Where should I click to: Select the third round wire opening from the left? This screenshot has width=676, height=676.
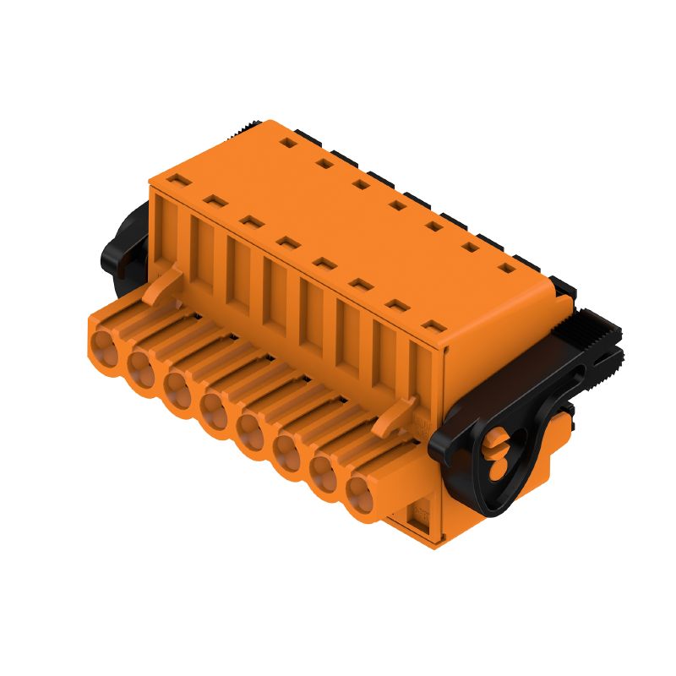point(177,386)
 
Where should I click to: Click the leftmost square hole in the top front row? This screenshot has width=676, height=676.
point(177,180)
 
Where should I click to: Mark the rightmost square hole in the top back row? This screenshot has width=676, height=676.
point(507,269)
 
